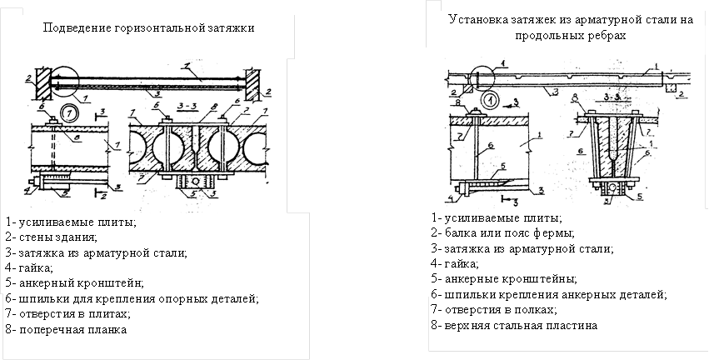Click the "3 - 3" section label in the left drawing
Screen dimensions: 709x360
[189, 107]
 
